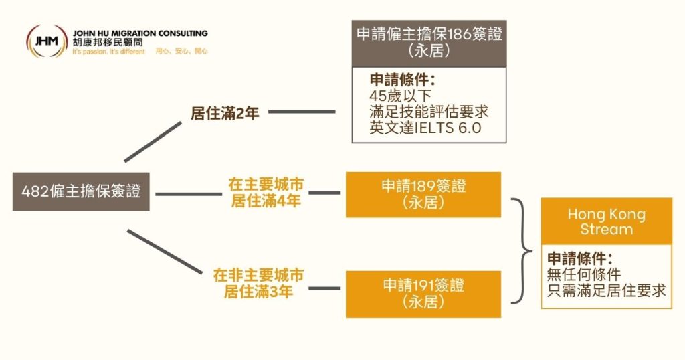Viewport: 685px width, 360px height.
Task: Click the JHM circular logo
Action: tap(46, 41)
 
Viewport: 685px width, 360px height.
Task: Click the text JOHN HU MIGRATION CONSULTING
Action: tap(140, 33)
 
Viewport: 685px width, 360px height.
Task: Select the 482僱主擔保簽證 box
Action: tap(81, 191)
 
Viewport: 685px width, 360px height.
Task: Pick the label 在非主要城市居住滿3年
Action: tap(258, 283)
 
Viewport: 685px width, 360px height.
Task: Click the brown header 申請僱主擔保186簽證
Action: tap(429, 42)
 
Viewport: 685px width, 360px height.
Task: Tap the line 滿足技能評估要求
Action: tap(429, 112)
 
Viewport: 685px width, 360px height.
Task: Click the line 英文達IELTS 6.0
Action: tap(425, 128)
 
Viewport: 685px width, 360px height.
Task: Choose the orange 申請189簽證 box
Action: tap(423, 194)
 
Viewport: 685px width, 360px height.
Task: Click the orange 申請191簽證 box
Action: tap(423, 293)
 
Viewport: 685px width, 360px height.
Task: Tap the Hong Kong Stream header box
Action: tap(606, 221)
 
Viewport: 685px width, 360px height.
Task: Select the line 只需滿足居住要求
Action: tap(606, 290)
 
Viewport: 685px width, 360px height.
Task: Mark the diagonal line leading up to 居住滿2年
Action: tap(153, 141)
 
